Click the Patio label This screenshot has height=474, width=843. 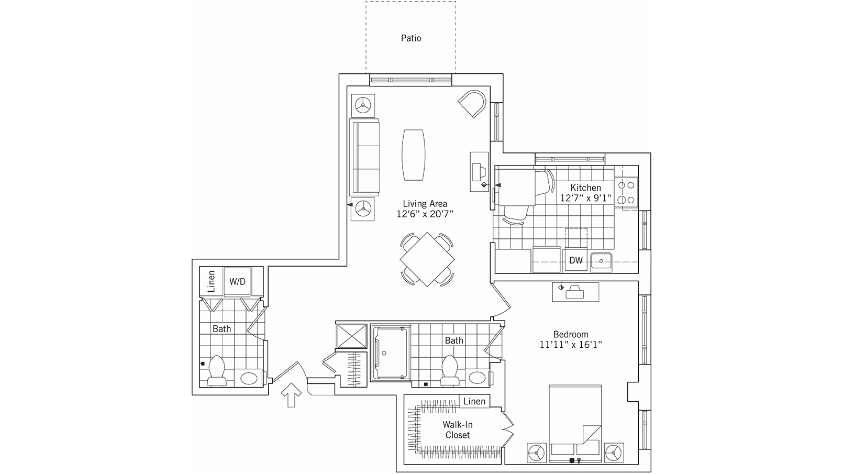click(411, 38)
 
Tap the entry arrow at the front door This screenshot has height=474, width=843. click(291, 395)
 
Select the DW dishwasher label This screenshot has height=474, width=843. click(576, 260)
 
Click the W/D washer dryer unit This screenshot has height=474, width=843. click(238, 281)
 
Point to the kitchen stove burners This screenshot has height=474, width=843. click(626, 192)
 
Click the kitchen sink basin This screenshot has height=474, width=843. click(601, 262)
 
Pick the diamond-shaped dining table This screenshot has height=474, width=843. click(427, 259)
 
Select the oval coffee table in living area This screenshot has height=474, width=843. click(414, 155)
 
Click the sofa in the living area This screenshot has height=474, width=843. click(364, 157)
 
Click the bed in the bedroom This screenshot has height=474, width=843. click(575, 424)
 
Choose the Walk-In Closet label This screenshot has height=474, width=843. click(458, 430)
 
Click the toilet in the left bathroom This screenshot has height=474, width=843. click(217, 371)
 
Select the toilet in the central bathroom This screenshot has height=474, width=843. click(450, 371)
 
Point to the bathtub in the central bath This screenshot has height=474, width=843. click(390, 354)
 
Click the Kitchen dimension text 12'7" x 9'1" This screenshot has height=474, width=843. click(585, 198)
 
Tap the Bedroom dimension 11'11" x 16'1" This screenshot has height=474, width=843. click(571, 345)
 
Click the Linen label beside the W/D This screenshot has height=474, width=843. click(211, 281)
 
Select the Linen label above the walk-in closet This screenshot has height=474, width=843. click(474, 401)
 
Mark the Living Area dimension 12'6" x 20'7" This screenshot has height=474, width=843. click(425, 214)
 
